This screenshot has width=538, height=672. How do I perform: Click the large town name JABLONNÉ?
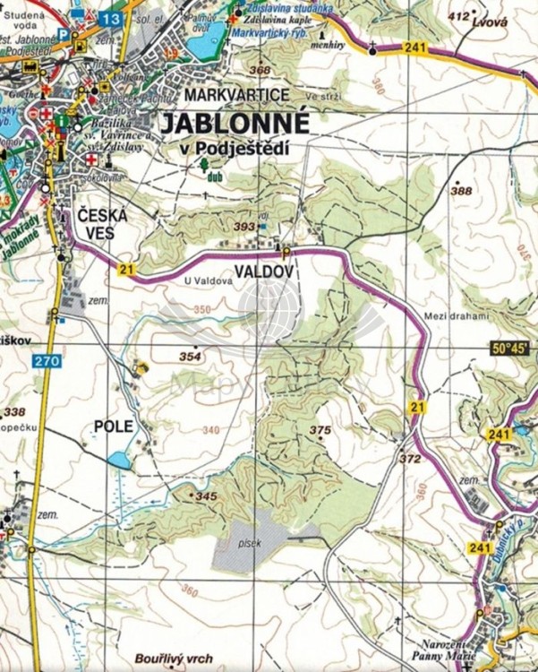pyautogui.click(x=234, y=124)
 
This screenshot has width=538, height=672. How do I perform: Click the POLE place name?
pyautogui.click(x=113, y=426)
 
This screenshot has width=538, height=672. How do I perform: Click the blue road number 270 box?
pyautogui.click(x=48, y=361)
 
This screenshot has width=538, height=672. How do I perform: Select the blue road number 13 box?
pyautogui.click(x=111, y=18)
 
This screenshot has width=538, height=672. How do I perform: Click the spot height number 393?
pyautogui.click(x=244, y=228)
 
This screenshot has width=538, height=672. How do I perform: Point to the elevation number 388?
pyautogui.click(x=461, y=191)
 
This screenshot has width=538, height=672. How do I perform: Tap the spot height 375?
pyautogui.click(x=320, y=431)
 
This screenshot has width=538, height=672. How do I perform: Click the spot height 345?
pyautogui.click(x=207, y=496)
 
